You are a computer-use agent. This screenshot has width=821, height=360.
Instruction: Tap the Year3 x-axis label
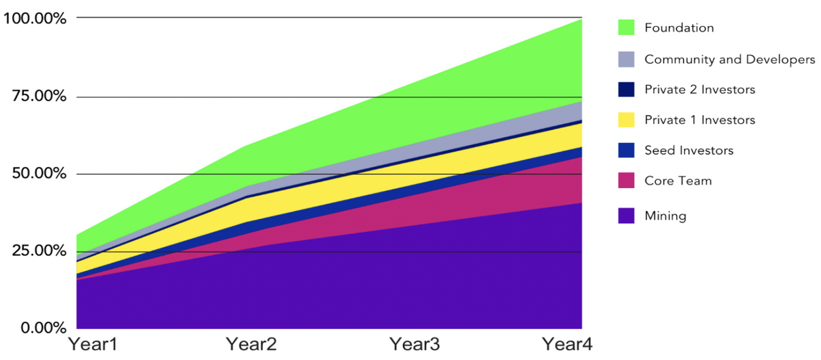tap(415, 344)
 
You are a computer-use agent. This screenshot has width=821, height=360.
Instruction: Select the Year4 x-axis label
tap(567, 344)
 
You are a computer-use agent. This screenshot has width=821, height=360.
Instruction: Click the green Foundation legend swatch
tap(625, 28)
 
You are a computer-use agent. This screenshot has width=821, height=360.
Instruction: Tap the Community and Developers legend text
tap(729, 60)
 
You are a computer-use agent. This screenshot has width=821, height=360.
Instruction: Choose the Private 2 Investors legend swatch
tap(625, 90)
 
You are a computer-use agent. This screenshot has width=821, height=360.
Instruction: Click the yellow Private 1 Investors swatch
tap(625, 120)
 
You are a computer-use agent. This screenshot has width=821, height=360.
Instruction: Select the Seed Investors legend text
tap(688, 151)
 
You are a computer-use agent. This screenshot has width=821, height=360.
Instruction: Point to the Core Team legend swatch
tap(625, 181)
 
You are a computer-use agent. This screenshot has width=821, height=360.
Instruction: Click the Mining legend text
tap(665, 216)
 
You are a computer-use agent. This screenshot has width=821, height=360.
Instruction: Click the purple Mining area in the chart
tap(342, 287)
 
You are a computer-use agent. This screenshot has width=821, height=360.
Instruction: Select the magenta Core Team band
tap(479, 205)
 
